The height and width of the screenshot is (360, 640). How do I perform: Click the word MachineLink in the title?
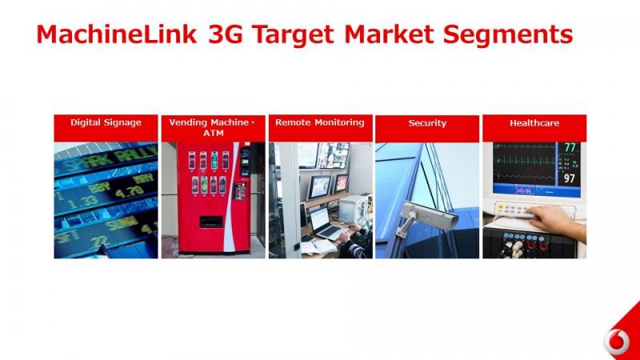click(117, 34)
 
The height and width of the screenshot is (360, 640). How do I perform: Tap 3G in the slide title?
click(226, 34)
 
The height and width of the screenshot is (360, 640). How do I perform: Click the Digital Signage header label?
click(106, 123)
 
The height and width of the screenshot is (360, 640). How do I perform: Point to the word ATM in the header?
click(214, 133)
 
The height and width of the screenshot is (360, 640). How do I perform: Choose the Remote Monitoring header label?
click(319, 122)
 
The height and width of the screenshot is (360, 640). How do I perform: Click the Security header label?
click(427, 123)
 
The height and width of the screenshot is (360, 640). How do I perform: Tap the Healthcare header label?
click(534, 123)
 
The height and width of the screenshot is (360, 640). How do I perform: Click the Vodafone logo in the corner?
click(617, 341)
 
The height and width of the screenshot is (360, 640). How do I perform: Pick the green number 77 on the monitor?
click(570, 147)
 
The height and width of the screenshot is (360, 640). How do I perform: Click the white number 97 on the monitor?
click(570, 178)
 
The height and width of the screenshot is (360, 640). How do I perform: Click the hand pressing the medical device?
click(557, 222)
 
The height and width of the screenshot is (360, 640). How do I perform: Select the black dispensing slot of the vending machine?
click(211, 222)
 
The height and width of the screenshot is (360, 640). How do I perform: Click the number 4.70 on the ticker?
click(129, 191)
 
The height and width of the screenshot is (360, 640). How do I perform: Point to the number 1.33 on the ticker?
click(83, 202)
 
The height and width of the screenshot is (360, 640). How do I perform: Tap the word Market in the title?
click(389, 34)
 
